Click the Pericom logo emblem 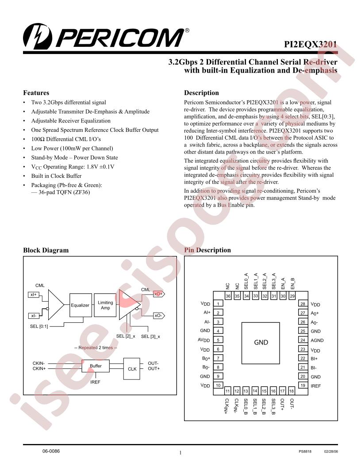tap(37, 37)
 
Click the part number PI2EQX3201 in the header tap(311, 44)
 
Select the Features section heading tap(36, 92)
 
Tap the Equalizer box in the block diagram tap(80, 305)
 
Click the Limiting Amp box tap(105, 305)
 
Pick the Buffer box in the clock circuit tap(96, 366)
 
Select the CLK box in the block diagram tap(132, 369)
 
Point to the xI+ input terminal tap(33, 295)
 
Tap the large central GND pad tap(261, 342)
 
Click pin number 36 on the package tap(228, 296)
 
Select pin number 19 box tap(303, 385)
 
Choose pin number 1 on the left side tap(218, 304)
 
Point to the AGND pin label tap(317, 340)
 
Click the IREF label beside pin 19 tap(316, 386)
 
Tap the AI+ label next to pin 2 tap(207, 312)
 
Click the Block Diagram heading tap(46, 250)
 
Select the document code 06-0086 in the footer tap(51, 451)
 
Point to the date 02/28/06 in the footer tap(331, 452)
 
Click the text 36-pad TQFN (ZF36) tap(64, 192)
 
